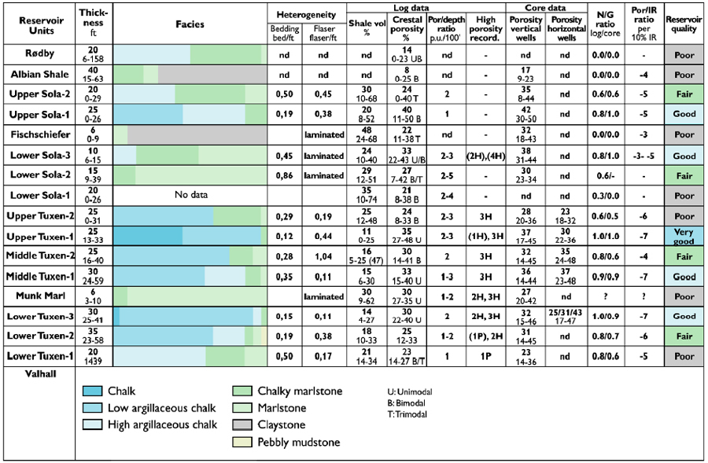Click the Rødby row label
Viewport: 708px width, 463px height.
pyautogui.click(x=37, y=54)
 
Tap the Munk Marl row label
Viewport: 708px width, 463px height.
pyautogui.click(x=37, y=296)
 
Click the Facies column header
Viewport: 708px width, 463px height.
pyautogui.click(x=190, y=24)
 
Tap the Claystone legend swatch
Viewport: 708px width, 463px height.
pyautogui.click(x=243, y=425)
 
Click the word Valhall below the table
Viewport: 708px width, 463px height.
pyautogui.click(x=24, y=375)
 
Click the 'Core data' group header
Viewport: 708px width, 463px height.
pyautogui.click(x=544, y=7)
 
